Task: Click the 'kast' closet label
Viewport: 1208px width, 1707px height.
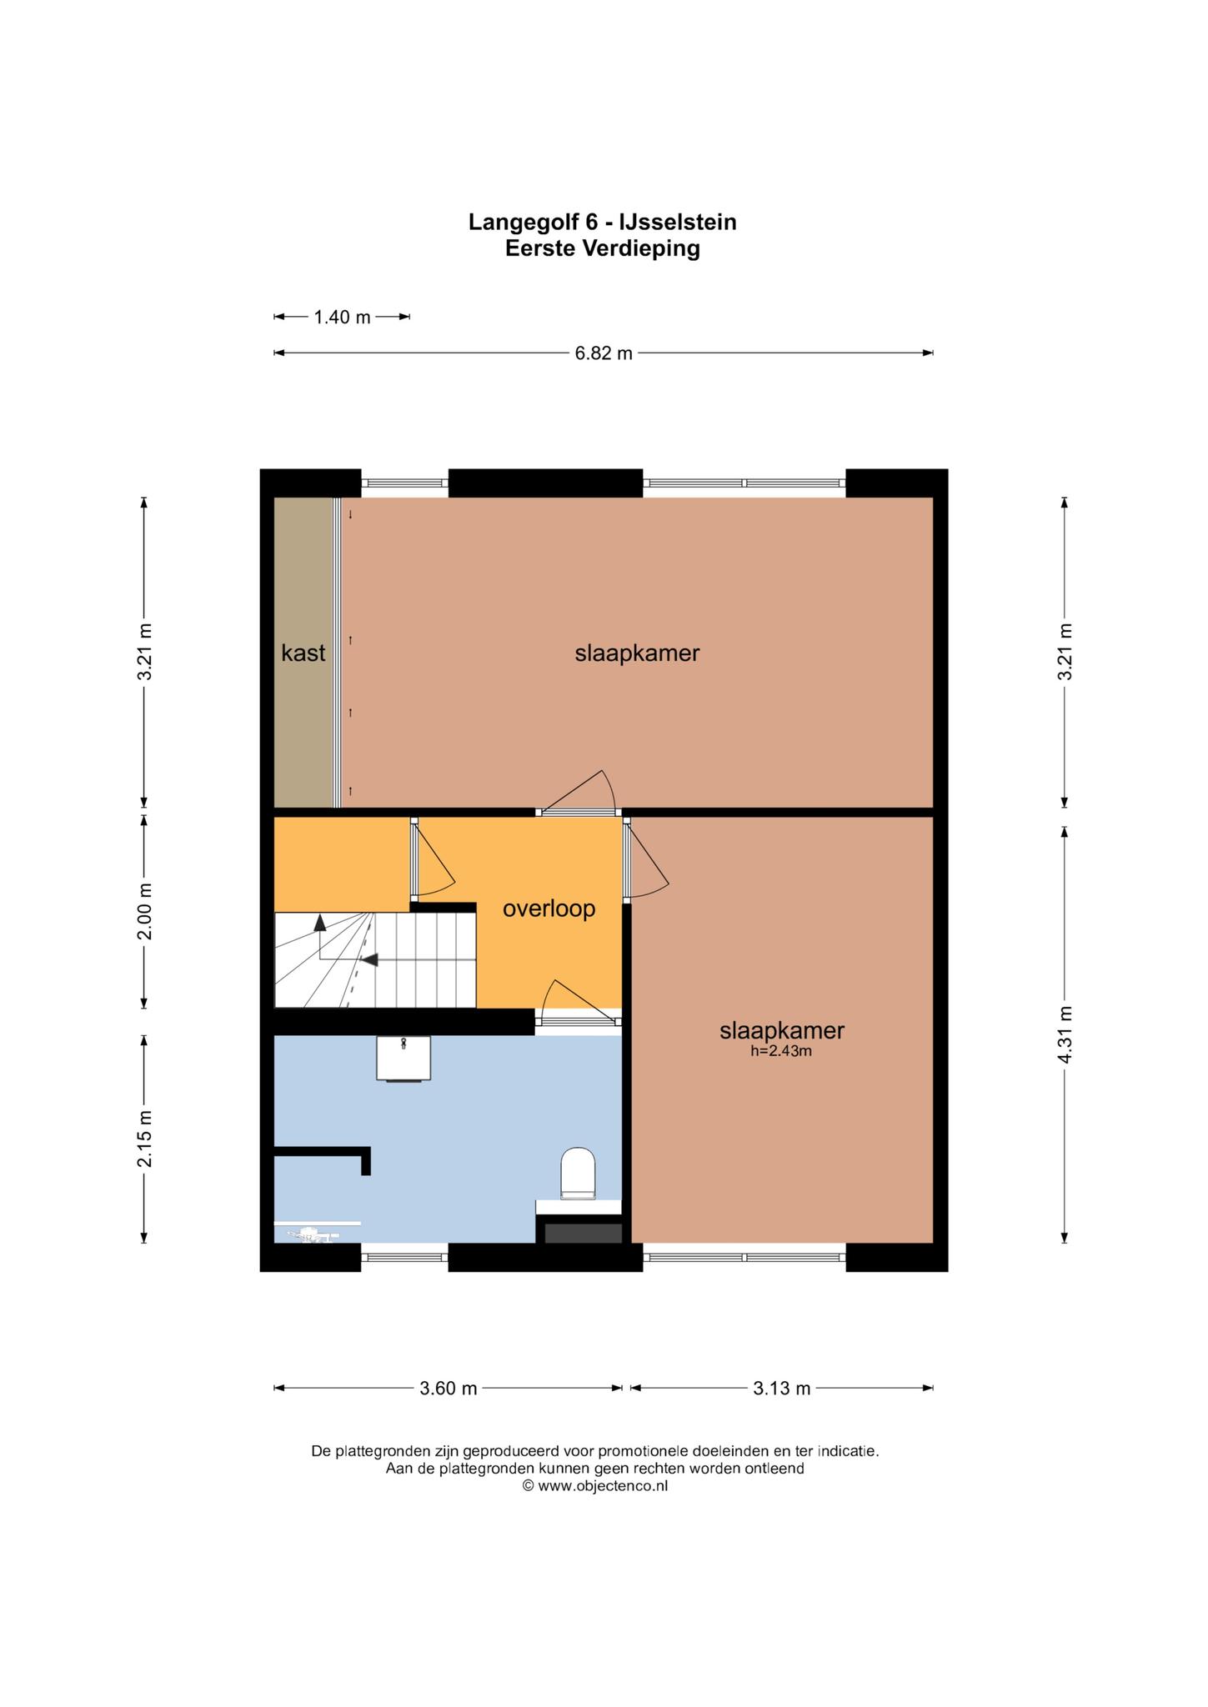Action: tap(303, 653)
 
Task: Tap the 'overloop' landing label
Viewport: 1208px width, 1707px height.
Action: tap(549, 909)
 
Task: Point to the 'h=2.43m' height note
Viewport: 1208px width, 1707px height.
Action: tap(781, 1051)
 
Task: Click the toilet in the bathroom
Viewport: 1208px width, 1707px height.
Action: tap(578, 1174)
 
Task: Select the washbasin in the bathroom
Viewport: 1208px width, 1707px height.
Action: tap(404, 1058)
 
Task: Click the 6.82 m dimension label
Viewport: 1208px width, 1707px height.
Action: tap(604, 353)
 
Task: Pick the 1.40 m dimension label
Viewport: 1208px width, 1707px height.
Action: tap(342, 317)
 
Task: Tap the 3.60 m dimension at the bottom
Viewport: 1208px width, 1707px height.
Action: tap(449, 1388)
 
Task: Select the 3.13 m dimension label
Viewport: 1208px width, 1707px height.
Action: tap(782, 1388)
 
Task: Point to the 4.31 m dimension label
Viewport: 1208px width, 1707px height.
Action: tap(1065, 1034)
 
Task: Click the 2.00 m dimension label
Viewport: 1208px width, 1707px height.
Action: tap(144, 910)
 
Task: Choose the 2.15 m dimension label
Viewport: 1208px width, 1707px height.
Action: tap(144, 1139)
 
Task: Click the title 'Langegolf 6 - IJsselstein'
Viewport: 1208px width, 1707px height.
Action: tap(603, 222)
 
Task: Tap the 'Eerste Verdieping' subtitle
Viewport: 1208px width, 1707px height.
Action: tap(603, 248)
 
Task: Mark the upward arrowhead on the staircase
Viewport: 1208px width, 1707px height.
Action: tap(320, 922)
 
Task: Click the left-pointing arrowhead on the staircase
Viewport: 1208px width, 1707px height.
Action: tap(369, 959)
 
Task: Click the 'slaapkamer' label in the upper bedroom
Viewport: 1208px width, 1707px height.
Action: tap(637, 653)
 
